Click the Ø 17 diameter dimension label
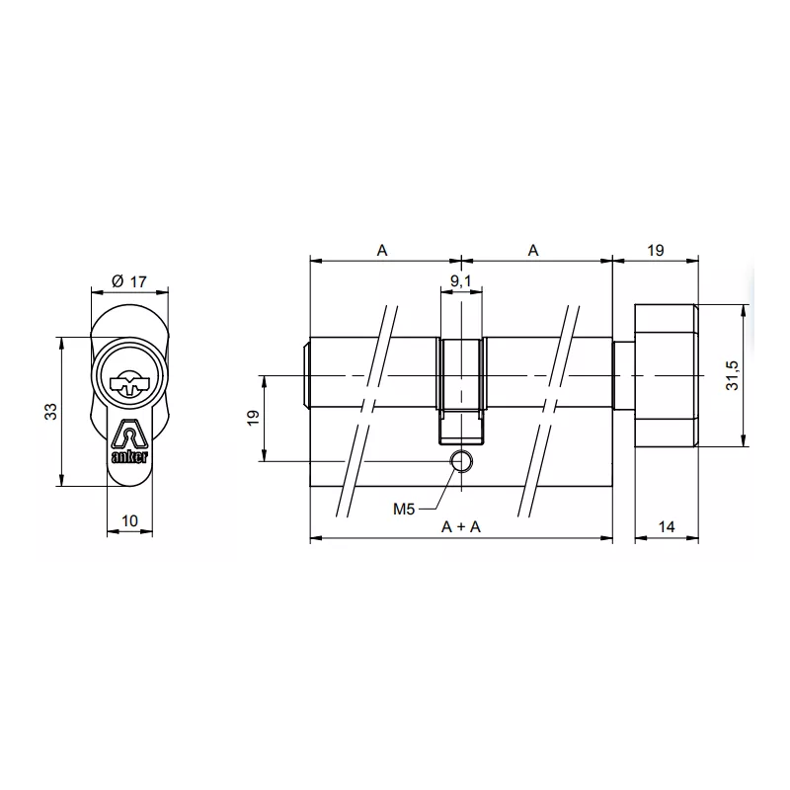tap(129, 282)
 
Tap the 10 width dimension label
tap(129, 520)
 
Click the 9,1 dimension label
tap(461, 282)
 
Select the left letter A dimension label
tap(382, 251)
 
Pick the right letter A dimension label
tap(533, 251)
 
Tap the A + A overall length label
tap(461, 527)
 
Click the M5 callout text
tap(404, 510)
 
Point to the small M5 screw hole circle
tap(461, 461)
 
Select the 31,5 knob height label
tap(732, 376)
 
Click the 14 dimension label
tap(666, 527)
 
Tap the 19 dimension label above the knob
tap(655, 251)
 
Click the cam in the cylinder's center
tap(461, 390)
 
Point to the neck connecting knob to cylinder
tap(623, 376)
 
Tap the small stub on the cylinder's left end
tap(305, 376)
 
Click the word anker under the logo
tap(129, 456)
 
